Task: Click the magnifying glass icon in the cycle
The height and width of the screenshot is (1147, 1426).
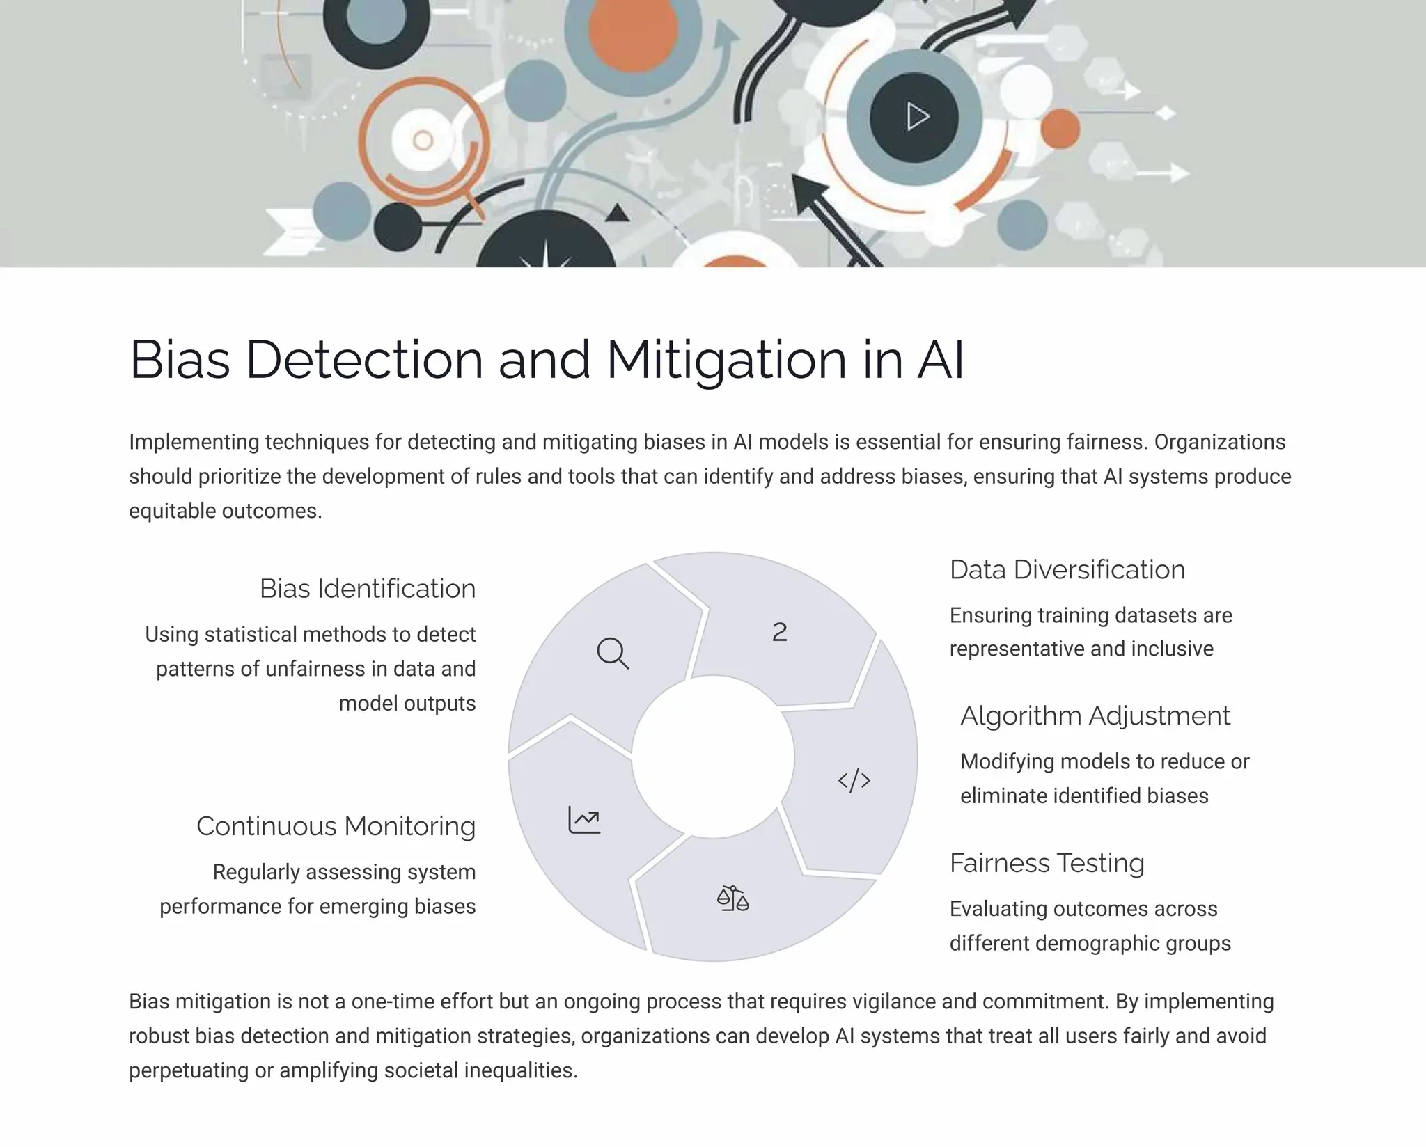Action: click(613, 653)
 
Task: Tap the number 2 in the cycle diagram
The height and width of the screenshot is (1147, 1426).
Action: click(780, 632)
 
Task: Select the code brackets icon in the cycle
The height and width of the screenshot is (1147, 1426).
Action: click(854, 780)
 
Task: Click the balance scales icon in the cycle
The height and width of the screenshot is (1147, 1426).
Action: click(732, 899)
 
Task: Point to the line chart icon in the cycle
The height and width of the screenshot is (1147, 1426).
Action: click(584, 820)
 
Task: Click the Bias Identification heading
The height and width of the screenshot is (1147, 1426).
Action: click(368, 589)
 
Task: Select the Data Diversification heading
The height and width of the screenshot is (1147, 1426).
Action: click(1067, 570)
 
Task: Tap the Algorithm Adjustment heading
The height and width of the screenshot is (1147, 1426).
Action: click(1095, 716)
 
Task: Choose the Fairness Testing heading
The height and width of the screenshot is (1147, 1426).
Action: click(1047, 863)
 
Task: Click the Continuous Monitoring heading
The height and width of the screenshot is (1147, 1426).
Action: click(336, 826)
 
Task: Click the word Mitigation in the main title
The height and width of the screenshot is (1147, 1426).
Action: click(726, 360)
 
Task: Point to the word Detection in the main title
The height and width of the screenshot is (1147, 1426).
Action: click(364, 360)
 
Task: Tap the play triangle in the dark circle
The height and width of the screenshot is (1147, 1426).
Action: click(917, 117)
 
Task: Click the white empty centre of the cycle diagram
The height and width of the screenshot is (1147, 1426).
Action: click(713, 757)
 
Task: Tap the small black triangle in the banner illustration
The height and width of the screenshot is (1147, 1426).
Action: click(617, 213)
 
